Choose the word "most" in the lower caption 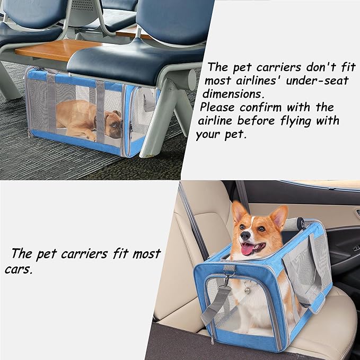click(146, 254)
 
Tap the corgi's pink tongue click(248, 249)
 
